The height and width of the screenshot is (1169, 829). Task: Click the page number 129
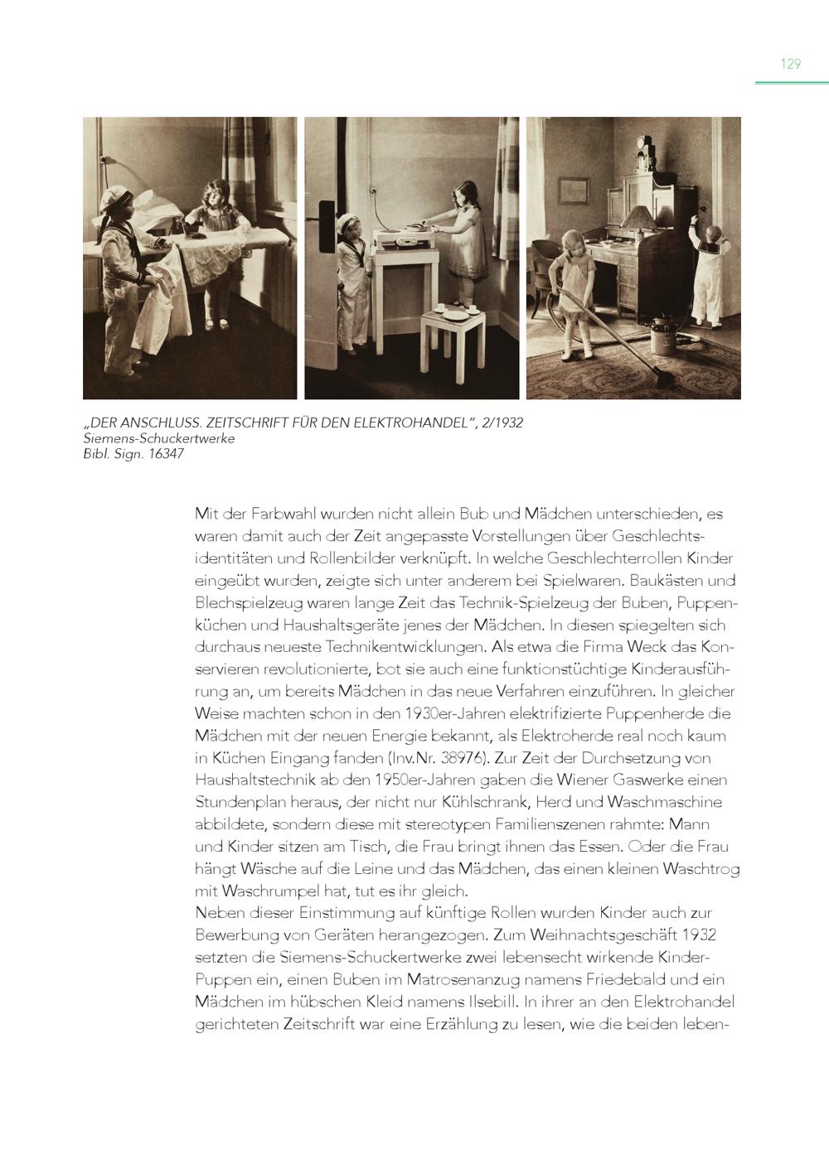[790, 64]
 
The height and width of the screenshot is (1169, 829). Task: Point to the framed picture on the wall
[573, 189]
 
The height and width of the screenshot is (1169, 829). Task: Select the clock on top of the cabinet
[643, 149]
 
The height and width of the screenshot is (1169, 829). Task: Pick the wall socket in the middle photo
[375, 196]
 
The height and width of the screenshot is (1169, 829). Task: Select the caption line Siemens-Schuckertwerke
[159, 438]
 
